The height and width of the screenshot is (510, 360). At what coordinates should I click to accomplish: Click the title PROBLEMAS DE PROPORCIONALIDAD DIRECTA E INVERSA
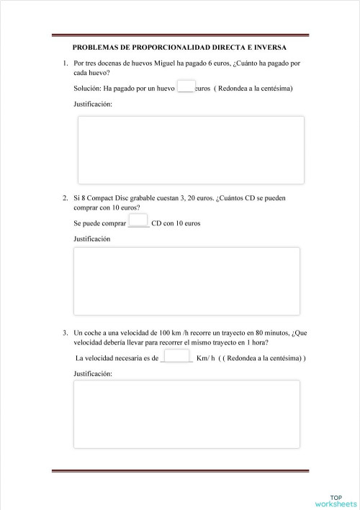[x=180, y=48]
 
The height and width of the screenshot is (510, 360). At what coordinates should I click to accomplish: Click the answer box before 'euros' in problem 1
[x=186, y=88]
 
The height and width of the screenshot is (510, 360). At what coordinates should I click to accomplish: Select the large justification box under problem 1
[x=191, y=150]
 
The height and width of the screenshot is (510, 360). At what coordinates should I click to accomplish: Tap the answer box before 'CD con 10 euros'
[x=138, y=221]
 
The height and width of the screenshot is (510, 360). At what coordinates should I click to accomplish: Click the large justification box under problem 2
[x=186, y=281]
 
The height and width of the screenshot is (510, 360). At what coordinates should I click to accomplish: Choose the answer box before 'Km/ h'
[x=176, y=357]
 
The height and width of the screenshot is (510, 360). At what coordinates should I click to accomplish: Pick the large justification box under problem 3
[x=186, y=414]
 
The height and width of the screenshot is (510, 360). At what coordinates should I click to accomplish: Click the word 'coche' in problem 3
[x=96, y=333]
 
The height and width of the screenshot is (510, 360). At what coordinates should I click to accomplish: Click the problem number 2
[x=65, y=197]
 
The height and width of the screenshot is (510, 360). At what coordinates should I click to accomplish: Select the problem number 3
[x=65, y=333]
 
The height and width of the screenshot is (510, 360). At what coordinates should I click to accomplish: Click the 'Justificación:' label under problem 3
[x=94, y=374]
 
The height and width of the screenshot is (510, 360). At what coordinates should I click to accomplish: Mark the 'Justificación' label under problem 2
[x=92, y=238]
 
